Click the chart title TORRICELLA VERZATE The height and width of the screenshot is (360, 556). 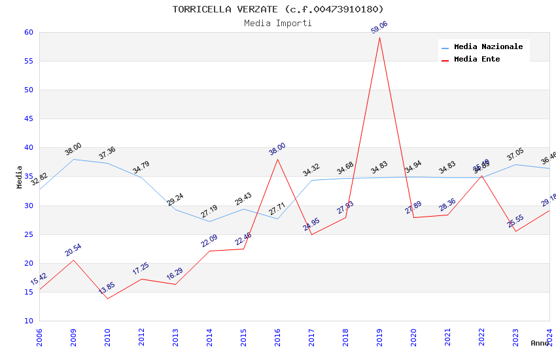[x=278, y=9]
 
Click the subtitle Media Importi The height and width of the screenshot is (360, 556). [x=278, y=24]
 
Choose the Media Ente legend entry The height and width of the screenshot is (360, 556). [x=477, y=60]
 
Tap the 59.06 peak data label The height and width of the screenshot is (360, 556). [x=379, y=27]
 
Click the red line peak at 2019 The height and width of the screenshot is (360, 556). [x=379, y=37]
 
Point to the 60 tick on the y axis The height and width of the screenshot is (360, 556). [x=28, y=33]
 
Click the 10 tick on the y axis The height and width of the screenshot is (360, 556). [x=28, y=321]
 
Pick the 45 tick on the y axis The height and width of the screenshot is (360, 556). [x=28, y=119]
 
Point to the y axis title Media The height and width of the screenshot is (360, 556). [x=20, y=177]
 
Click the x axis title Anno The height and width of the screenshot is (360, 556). [x=540, y=343]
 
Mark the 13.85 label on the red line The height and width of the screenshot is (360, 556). [x=106, y=288]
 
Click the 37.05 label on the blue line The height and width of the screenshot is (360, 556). [x=515, y=154]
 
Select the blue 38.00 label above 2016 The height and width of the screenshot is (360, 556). [x=277, y=149]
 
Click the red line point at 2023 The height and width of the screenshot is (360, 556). [x=515, y=231]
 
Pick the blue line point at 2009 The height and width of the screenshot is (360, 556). [x=73, y=159]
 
